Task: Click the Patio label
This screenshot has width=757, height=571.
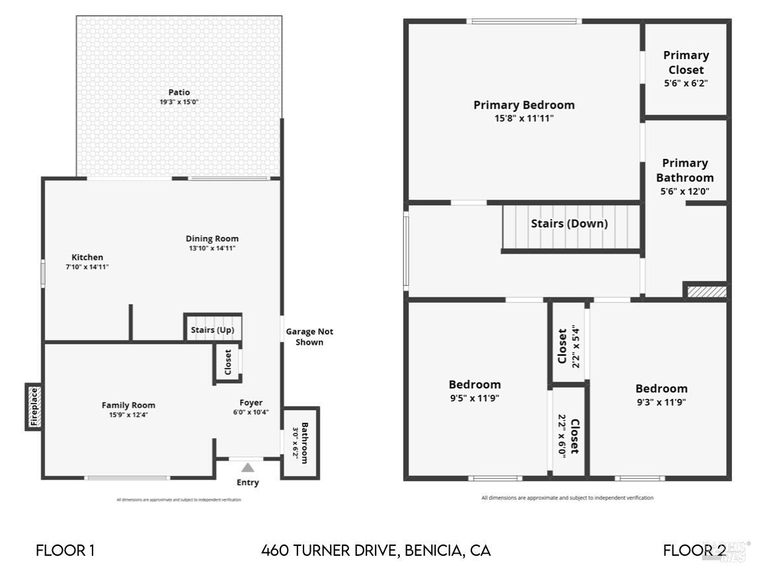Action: click(179, 93)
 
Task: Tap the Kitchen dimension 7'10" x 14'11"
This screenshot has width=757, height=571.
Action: click(87, 267)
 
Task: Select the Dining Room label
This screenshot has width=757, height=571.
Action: click(212, 239)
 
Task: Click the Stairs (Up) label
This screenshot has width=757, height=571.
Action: click(212, 330)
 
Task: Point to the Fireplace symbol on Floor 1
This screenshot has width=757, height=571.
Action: click(34, 407)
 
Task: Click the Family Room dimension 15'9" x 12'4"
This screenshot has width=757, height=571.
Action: click(128, 416)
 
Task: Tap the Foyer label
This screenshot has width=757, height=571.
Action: click(251, 402)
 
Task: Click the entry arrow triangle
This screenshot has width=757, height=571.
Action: click(247, 467)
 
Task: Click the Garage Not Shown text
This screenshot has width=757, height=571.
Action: click(309, 337)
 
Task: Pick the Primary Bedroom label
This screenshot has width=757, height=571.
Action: click(524, 105)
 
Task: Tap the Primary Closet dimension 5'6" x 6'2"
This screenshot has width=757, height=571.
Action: click(686, 83)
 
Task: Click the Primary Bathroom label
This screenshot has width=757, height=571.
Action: click(685, 170)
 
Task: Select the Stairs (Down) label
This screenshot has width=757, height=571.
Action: click(569, 224)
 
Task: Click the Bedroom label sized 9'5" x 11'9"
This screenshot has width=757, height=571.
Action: click(475, 384)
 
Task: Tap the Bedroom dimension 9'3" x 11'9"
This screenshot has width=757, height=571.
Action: click(661, 401)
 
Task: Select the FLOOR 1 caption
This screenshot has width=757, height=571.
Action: click(65, 550)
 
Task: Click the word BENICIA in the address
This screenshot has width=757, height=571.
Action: click(434, 550)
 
